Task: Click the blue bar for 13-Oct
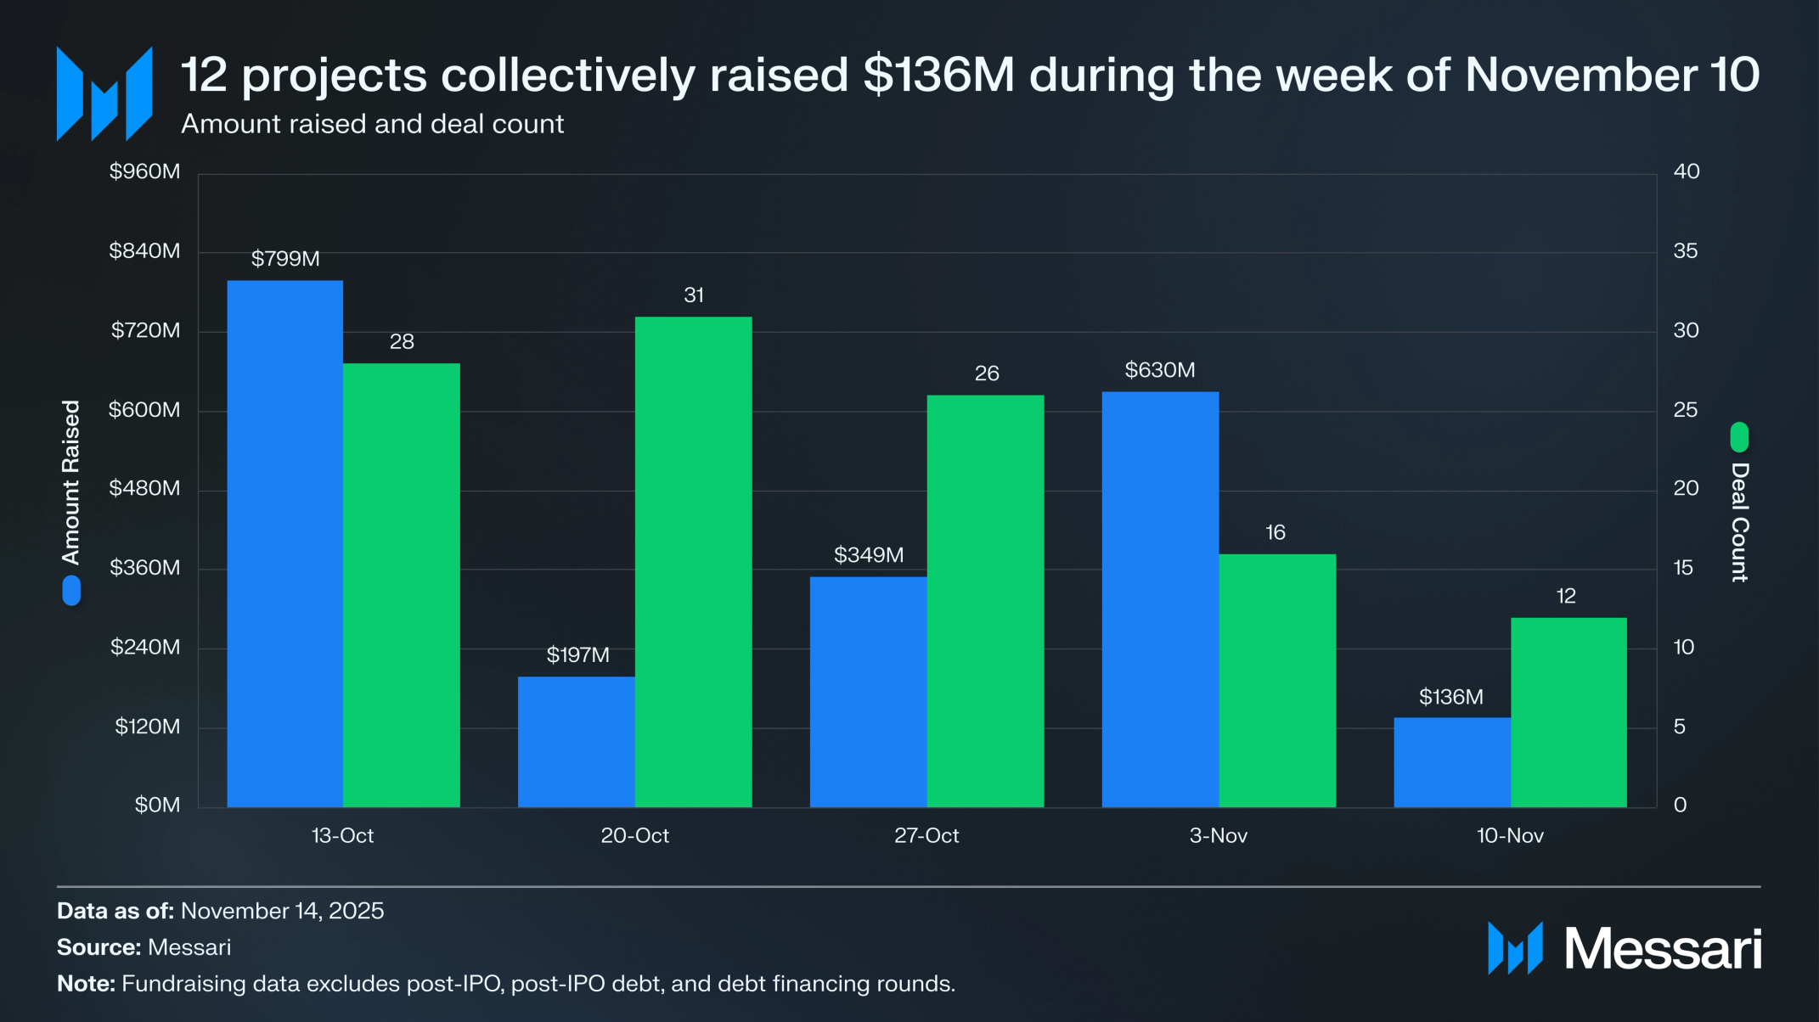click(x=284, y=543)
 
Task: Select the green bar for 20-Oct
click(x=693, y=561)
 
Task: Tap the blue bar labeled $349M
click(x=868, y=692)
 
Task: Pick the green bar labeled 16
click(x=1276, y=680)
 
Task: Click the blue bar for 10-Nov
click(x=1451, y=761)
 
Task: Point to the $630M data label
click(x=1159, y=370)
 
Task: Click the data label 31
click(x=693, y=295)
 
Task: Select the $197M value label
click(x=577, y=655)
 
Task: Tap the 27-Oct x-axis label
click(x=926, y=836)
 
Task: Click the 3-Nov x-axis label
click(x=1218, y=836)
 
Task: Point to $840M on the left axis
click(x=144, y=251)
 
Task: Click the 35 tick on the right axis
click(x=1685, y=251)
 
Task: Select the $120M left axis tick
click(x=147, y=727)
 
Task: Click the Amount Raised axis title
click(x=71, y=482)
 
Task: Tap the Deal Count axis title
click(x=1739, y=522)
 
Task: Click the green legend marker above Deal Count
click(x=1739, y=437)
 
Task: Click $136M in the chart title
click(x=938, y=75)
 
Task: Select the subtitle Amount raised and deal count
click(x=372, y=124)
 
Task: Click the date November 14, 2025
click(x=282, y=911)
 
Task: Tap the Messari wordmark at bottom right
click(x=1662, y=948)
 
